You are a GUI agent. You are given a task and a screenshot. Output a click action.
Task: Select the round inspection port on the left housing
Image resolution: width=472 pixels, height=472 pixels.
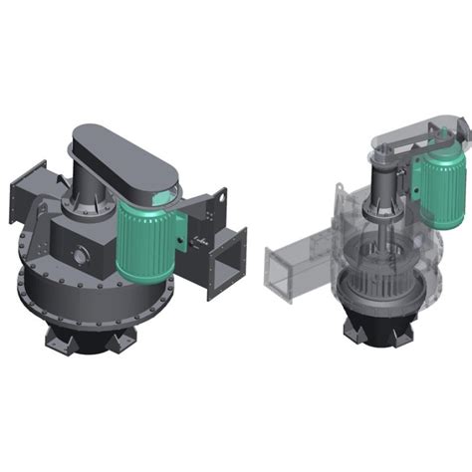(77, 256)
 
